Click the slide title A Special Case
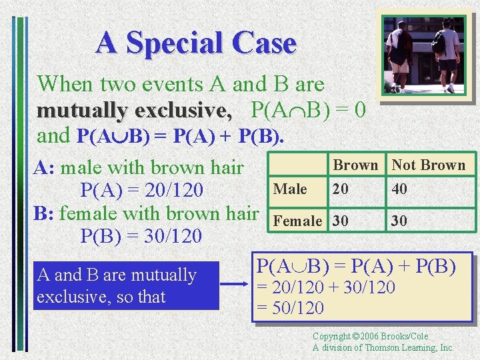tap(195, 43)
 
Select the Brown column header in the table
tap(355, 165)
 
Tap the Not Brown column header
tap(429, 165)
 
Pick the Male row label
tap(291, 189)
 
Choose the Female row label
tap(297, 221)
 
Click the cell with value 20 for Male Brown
tap(341, 189)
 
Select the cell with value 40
tap(399, 189)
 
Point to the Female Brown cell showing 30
tap(341, 221)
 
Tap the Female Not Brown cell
tap(399, 221)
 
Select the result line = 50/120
tap(291, 308)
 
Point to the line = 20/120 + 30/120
tap(326, 288)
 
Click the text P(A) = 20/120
tap(141, 191)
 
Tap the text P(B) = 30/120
tap(141, 236)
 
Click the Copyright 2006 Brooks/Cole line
tap(371, 337)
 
